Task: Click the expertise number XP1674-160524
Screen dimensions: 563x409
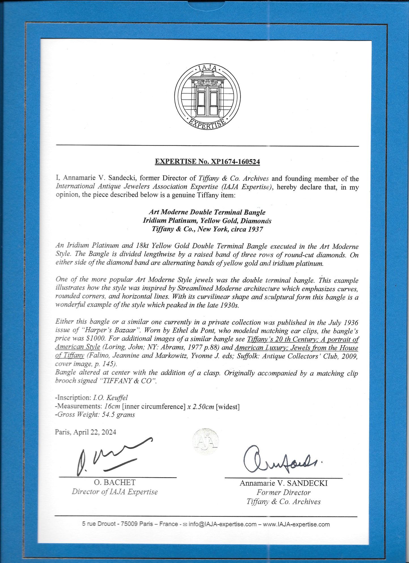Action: (x=235, y=162)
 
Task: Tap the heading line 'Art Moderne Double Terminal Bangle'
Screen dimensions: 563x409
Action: (x=207, y=212)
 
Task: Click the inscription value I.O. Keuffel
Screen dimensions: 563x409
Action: (x=110, y=398)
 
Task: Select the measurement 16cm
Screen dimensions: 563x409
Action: (x=112, y=406)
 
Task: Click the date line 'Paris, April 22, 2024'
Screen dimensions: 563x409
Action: (x=85, y=432)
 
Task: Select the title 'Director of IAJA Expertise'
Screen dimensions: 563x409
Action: (x=115, y=492)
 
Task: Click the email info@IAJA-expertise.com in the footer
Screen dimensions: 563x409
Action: (x=222, y=524)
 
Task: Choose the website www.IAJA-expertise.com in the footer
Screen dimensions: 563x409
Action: (x=296, y=524)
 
